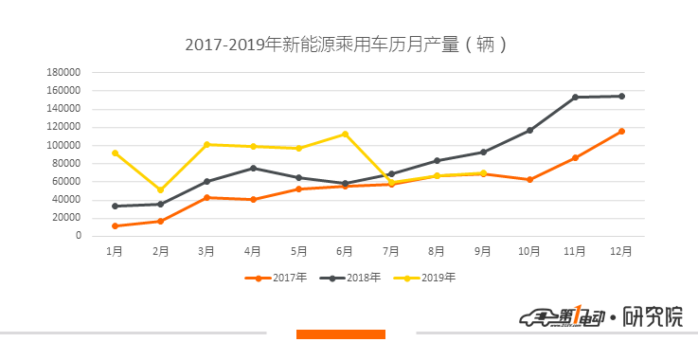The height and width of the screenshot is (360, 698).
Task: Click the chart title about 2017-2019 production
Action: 349,44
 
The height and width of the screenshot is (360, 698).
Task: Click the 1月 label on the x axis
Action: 115,251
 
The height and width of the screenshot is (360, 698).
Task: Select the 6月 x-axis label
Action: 345,251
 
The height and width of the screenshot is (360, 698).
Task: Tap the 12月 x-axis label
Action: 621,251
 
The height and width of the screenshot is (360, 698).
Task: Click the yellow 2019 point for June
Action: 345,134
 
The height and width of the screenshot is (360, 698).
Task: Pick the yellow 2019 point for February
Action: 161,189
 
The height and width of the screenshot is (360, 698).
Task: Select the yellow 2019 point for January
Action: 115,153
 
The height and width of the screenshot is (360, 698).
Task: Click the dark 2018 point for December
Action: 621,96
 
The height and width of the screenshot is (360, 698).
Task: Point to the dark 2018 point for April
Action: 253,168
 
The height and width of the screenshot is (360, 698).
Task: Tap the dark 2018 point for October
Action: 529,130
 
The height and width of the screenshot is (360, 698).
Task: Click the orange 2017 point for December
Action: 621,131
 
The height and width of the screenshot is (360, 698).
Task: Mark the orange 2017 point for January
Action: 115,225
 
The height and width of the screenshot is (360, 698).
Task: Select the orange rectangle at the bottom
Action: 340,333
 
